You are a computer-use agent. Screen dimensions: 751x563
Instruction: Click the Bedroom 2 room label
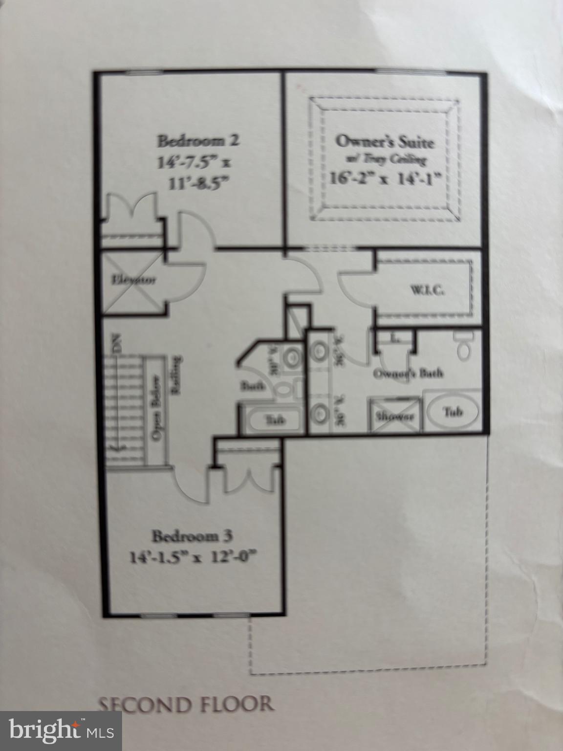pyautogui.click(x=197, y=141)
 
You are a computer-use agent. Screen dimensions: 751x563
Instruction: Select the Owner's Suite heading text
pyautogui.click(x=384, y=142)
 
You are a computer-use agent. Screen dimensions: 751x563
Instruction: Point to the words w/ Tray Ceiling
pyautogui.click(x=384, y=159)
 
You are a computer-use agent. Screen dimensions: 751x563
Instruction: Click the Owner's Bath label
pyautogui.click(x=408, y=374)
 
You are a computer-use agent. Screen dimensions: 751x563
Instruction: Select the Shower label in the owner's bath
pyautogui.click(x=395, y=417)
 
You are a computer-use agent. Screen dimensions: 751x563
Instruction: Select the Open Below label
pyautogui.click(x=157, y=409)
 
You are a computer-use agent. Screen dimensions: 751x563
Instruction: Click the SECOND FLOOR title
pyautogui.click(x=186, y=704)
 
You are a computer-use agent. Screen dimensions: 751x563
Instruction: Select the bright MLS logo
pyautogui.click(x=61, y=731)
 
